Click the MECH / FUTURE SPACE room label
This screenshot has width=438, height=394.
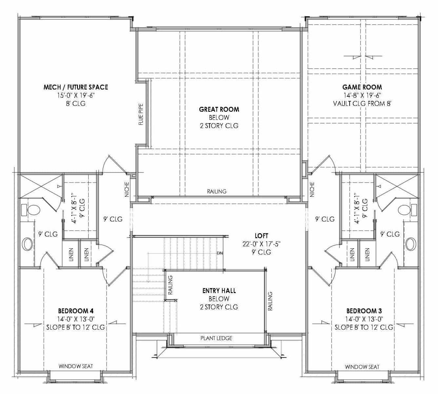tap(76, 87)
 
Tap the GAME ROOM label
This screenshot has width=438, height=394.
tap(362, 87)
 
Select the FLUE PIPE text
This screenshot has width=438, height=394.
tap(141, 114)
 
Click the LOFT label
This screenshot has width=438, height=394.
tap(261, 236)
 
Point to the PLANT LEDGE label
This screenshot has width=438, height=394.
tap(216, 338)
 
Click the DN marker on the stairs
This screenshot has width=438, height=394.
tap(220, 253)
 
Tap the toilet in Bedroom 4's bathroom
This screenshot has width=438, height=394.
tap(33, 210)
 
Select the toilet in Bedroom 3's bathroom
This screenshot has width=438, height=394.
tap(405, 210)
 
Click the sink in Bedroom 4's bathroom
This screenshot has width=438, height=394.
tap(27, 244)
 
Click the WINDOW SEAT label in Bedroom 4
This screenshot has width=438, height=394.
tap(76, 366)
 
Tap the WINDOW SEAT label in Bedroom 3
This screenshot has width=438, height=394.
tap(362, 367)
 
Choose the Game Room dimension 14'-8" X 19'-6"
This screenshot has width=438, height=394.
tap(362, 95)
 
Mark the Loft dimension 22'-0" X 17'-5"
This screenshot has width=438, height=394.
tap(261, 244)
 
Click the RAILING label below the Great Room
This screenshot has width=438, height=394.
tap(217, 191)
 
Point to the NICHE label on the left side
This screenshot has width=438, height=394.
tap(127, 189)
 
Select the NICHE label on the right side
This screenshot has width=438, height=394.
tap(312, 189)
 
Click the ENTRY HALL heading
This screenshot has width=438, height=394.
tap(219, 290)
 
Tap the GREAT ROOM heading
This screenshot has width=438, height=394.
tap(219, 109)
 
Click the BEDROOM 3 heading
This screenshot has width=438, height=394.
tap(364, 311)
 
